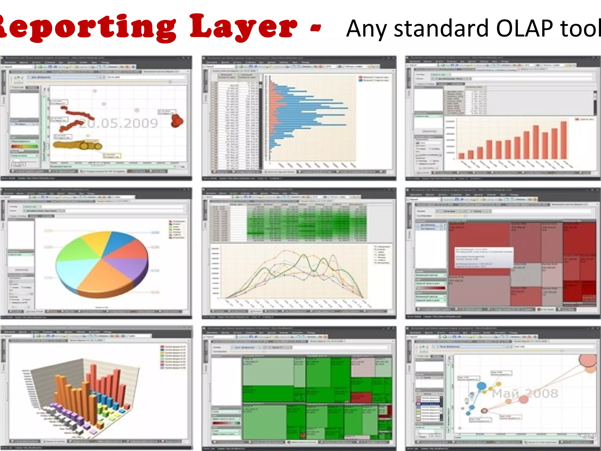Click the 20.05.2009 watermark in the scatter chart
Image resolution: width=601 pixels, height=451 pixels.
tap(119, 123)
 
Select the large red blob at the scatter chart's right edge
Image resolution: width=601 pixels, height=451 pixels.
tap(177, 120)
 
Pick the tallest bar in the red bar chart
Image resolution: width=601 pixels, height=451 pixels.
tap(563, 140)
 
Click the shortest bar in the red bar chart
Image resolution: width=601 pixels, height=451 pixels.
tap(462, 156)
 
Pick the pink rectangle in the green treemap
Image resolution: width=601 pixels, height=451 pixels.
tap(363, 367)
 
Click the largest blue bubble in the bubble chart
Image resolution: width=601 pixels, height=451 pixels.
tap(481, 386)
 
